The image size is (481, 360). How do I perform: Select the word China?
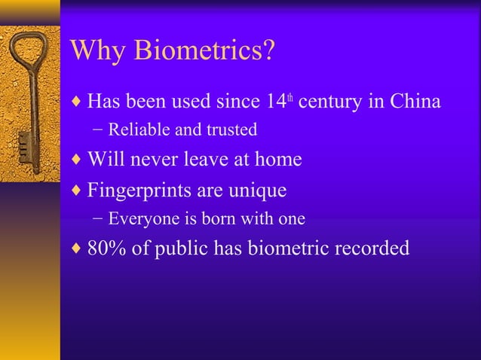coord(415,101)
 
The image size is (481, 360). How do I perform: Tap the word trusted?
coord(230,130)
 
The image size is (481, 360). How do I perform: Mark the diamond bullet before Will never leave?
coord(78,160)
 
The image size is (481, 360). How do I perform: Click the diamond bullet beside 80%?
coord(78,249)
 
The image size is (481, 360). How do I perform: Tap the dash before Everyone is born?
coord(100,220)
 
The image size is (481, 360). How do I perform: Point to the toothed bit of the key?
coord(23,143)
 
